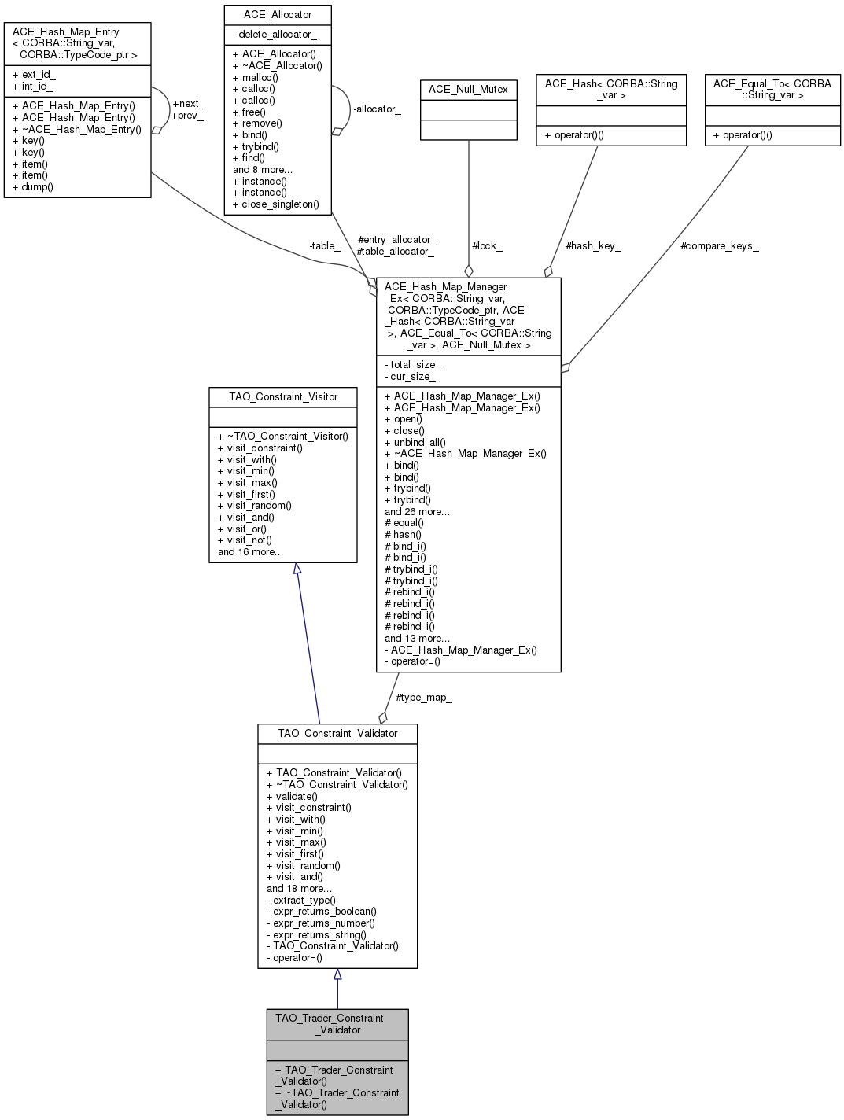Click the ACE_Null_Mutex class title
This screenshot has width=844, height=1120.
(468, 90)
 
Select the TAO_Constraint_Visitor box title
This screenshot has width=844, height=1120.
(283, 397)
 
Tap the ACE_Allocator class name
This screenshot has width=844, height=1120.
(277, 15)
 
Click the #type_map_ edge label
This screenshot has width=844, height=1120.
(424, 698)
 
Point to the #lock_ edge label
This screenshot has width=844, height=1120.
(487, 246)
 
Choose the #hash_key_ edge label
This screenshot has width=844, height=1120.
(593, 246)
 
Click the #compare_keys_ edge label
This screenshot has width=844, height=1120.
(719, 246)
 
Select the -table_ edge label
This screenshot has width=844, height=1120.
(324, 246)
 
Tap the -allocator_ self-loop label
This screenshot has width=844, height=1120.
(377, 109)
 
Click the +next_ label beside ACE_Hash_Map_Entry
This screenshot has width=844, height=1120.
(188, 104)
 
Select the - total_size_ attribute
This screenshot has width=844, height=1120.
(412, 365)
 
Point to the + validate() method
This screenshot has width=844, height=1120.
(292, 796)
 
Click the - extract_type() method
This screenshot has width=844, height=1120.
(301, 900)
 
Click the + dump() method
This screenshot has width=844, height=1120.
(33, 187)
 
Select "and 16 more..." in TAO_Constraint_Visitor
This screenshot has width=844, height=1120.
(250, 552)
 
